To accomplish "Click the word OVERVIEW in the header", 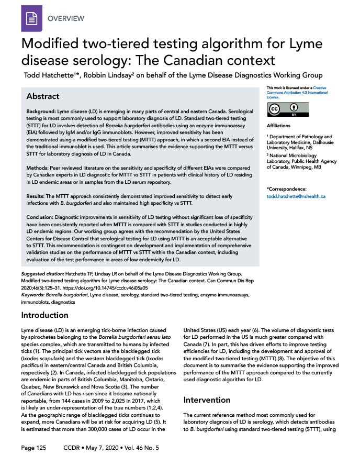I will point(65,18).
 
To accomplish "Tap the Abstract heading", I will point(43,96).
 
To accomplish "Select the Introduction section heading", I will point(44,315).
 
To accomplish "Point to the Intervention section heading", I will point(207,400).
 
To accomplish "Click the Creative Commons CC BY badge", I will point(282,110).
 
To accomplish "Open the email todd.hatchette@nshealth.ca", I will point(296,196).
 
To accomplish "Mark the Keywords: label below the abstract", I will point(33,295).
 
